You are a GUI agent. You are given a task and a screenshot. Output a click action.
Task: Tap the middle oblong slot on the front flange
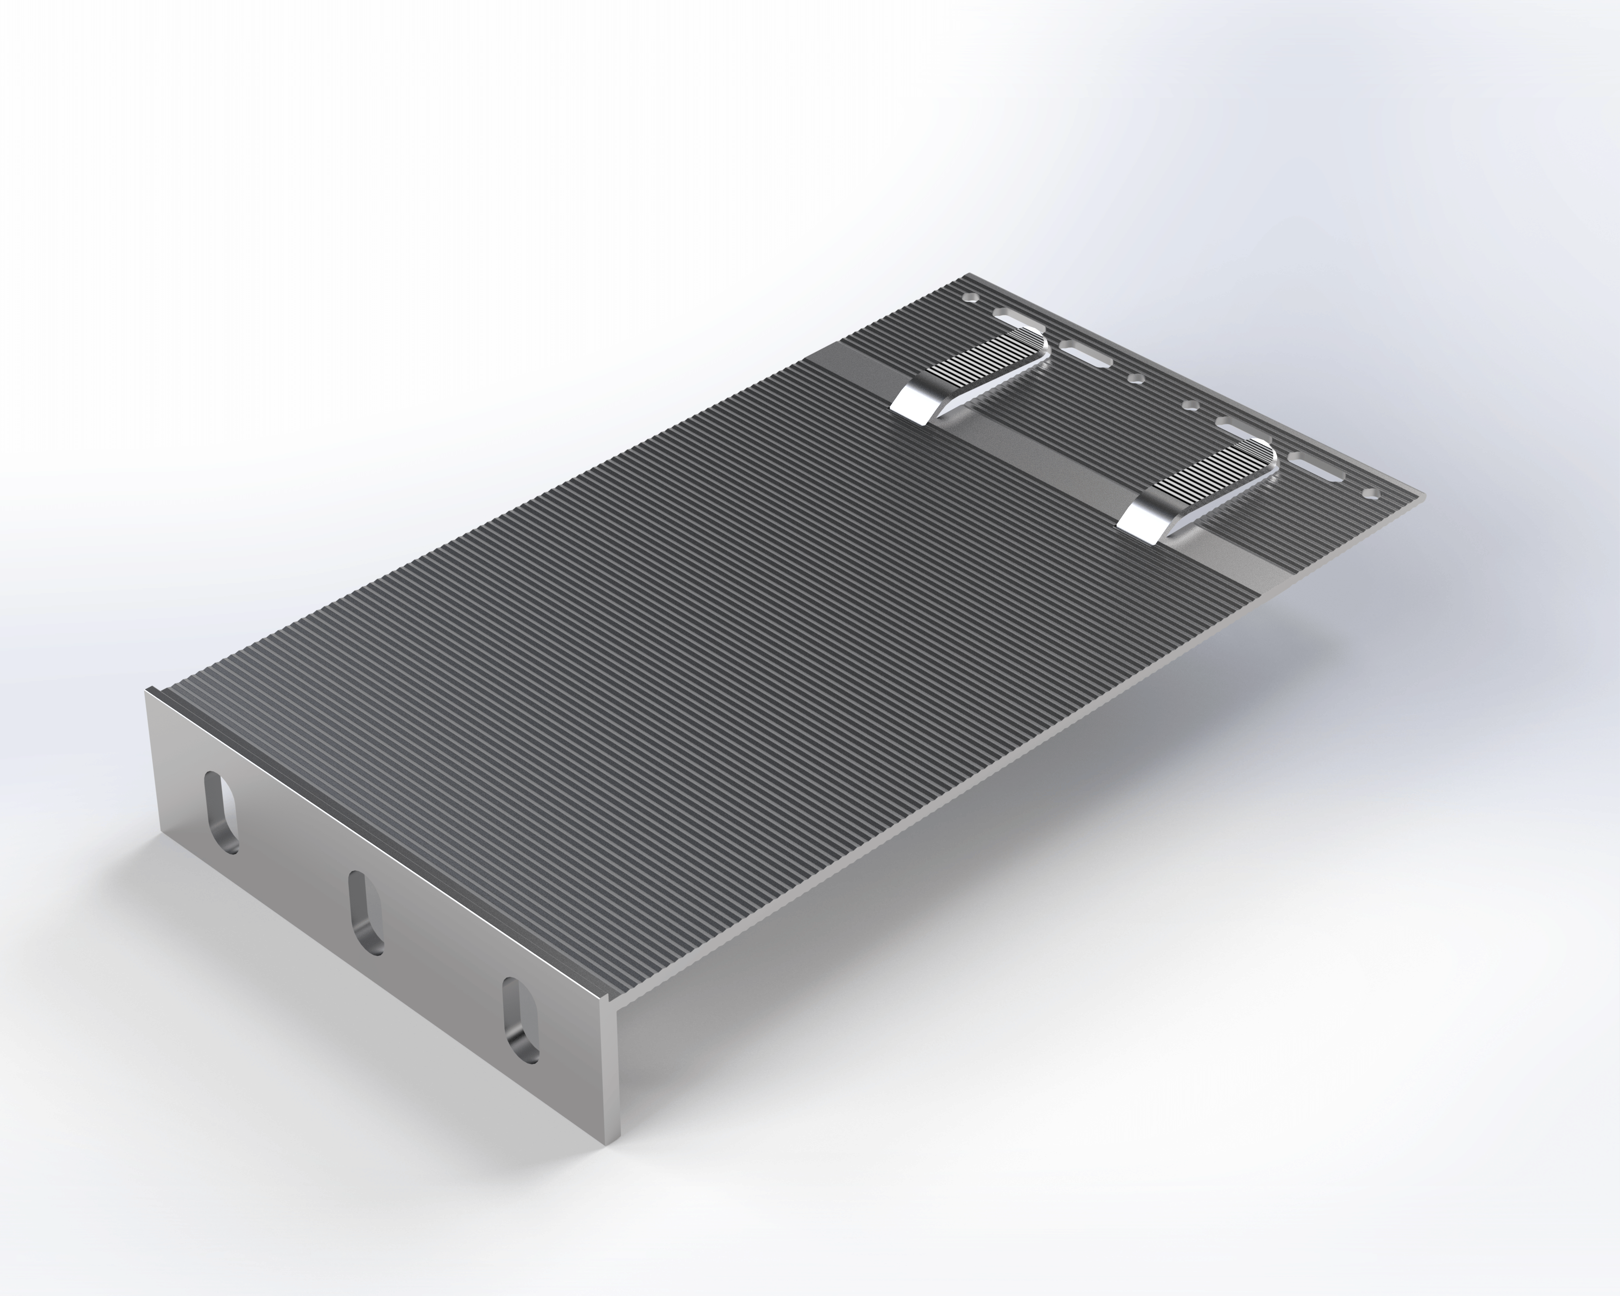[366, 912]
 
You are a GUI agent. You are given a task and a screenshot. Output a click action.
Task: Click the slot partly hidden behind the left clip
[1014, 318]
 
